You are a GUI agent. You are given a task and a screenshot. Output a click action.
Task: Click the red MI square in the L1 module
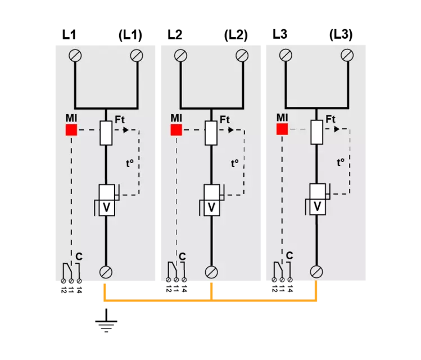[71, 130]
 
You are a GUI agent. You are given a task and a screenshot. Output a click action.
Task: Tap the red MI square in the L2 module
[176, 130]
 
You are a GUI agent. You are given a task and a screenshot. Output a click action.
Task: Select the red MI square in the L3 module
[282, 129]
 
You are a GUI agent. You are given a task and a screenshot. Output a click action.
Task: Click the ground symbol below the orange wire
[106, 321]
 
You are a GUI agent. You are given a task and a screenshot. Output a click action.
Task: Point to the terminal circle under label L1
[75, 56]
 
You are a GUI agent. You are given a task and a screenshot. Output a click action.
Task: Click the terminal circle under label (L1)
[137, 56]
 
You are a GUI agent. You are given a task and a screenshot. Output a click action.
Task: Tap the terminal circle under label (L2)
[242, 56]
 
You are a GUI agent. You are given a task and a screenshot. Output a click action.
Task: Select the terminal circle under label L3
[286, 55]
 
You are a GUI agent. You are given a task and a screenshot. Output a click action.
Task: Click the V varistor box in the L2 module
[211, 200]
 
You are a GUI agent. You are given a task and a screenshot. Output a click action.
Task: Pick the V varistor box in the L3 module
[318, 199]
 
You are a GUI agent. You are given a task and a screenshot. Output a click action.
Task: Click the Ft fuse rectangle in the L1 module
[106, 133]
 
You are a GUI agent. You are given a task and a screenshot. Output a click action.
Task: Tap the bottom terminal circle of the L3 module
[316, 272]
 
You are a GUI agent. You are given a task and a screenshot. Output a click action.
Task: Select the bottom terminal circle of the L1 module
[106, 272]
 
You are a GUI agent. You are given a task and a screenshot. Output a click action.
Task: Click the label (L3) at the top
[341, 35]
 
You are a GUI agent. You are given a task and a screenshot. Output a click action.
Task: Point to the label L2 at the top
[175, 35]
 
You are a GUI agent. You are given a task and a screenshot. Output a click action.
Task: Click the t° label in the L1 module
[130, 163]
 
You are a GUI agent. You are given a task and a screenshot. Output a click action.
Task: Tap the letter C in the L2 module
[182, 256]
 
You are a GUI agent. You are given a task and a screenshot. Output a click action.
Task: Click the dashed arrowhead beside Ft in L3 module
[337, 129]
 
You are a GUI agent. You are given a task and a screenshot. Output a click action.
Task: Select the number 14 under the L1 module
[79, 290]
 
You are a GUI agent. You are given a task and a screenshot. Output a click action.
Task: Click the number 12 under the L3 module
[274, 289]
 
